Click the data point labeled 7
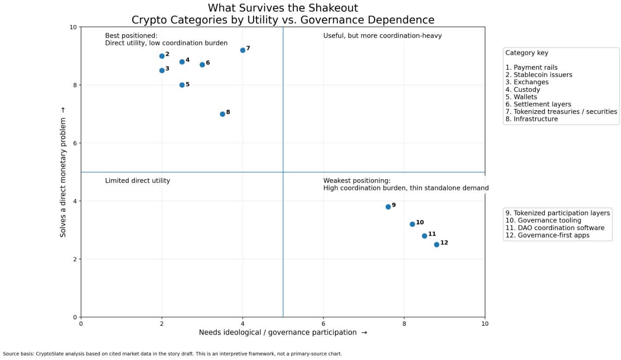(x=242, y=50)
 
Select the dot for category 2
(x=162, y=56)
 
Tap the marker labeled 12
(x=437, y=245)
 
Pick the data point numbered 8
(x=222, y=114)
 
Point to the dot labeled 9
(x=388, y=207)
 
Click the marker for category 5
(x=182, y=85)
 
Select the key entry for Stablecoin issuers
(x=538, y=75)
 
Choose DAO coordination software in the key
(x=555, y=228)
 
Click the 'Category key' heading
(x=527, y=53)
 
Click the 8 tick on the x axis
(x=404, y=324)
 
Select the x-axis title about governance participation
(x=283, y=333)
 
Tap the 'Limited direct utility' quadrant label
(x=137, y=181)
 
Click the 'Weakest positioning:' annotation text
(x=357, y=181)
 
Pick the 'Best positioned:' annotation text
(x=131, y=36)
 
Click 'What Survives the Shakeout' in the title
(x=283, y=8)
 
